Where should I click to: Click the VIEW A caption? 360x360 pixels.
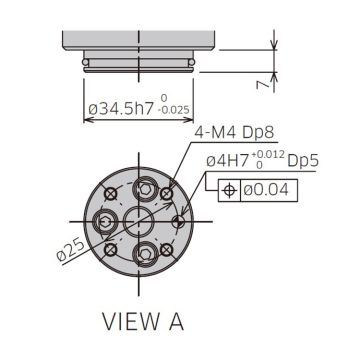point(143,322)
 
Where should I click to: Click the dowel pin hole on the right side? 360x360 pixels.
point(178,220)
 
